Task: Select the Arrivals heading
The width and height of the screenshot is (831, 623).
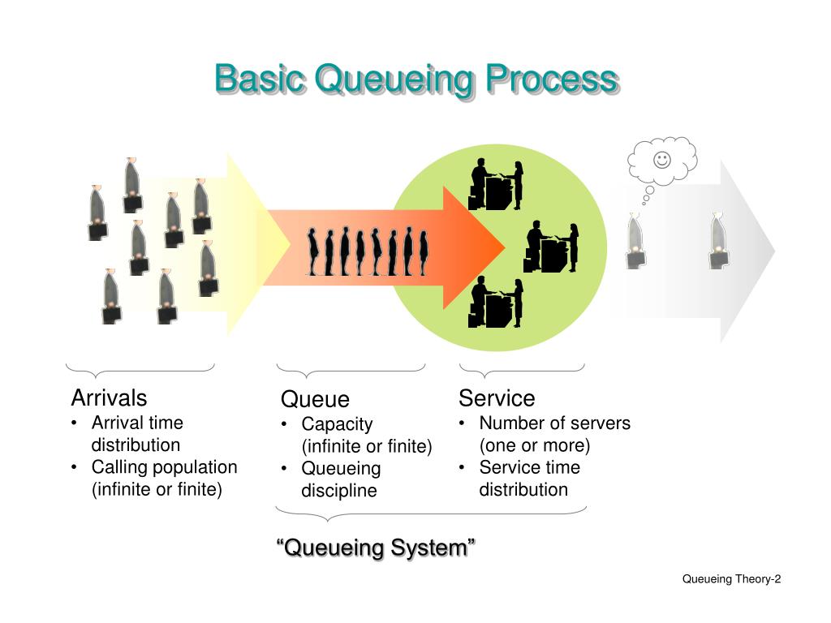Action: point(110,397)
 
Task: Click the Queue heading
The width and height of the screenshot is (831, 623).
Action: point(315,399)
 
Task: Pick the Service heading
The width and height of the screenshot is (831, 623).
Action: point(497,398)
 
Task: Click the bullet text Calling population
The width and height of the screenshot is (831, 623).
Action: point(164,467)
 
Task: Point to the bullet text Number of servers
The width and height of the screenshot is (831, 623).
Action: point(554,423)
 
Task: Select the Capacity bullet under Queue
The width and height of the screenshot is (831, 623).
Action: point(337,423)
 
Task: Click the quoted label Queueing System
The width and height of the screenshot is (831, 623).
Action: point(376,548)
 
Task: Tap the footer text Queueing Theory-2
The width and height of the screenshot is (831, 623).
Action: point(731,578)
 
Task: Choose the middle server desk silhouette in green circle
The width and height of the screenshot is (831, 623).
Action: point(552,246)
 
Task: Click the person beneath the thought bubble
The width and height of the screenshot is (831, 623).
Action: point(636,241)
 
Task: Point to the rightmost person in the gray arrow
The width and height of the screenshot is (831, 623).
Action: point(717,241)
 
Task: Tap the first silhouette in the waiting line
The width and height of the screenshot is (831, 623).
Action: point(313,252)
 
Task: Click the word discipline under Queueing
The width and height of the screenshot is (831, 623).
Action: point(339,491)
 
